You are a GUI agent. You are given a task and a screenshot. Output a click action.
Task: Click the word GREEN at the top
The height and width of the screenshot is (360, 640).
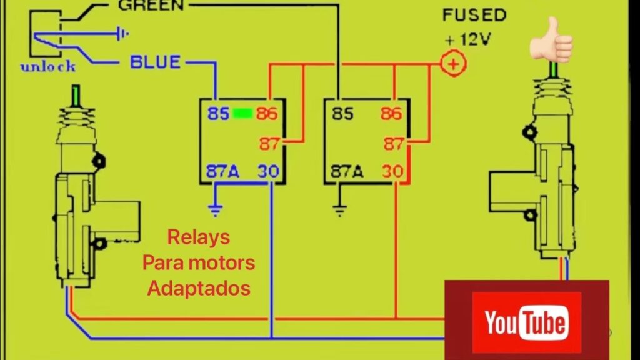click(x=151, y=6)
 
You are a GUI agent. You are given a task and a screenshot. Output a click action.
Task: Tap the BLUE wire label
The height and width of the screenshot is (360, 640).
click(x=155, y=62)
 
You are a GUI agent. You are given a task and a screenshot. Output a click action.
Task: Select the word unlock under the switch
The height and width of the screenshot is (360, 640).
click(x=48, y=67)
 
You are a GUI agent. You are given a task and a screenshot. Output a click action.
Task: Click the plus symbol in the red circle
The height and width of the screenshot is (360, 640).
click(x=454, y=63)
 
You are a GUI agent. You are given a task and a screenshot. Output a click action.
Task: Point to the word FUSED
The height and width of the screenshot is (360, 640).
click(x=474, y=15)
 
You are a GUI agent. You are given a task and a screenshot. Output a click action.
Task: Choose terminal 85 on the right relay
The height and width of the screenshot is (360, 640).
click(x=342, y=114)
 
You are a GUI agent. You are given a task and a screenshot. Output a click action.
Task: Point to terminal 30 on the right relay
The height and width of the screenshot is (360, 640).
click(x=394, y=171)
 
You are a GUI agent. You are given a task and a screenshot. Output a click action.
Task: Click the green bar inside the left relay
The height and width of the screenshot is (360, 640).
click(x=242, y=114)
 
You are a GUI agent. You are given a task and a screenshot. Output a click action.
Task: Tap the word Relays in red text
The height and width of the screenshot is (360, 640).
click(x=198, y=237)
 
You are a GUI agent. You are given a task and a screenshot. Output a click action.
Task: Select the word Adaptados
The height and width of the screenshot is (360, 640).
click(x=198, y=288)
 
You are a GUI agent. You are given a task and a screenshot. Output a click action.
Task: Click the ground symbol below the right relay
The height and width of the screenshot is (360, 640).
click(x=340, y=211)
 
